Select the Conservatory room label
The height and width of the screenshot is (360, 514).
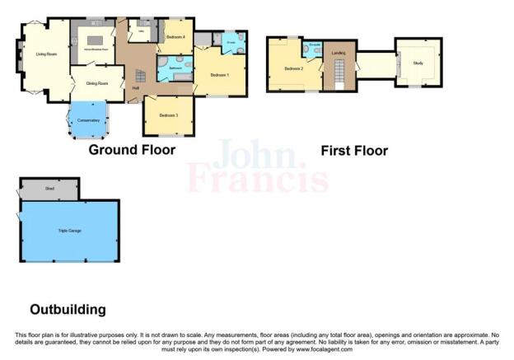[88, 121]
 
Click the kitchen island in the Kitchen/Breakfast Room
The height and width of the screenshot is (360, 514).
[95, 40]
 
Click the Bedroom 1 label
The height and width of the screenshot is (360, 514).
[218, 75]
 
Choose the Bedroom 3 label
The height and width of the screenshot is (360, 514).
[168, 115]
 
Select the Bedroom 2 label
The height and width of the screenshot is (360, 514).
[294, 68]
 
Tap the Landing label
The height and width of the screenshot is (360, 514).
[337, 53]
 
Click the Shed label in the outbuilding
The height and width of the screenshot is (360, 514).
[49, 189]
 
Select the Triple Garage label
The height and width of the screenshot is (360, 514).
[68, 231]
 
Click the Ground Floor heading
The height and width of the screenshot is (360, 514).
[132, 150]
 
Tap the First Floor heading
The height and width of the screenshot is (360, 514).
[354, 151]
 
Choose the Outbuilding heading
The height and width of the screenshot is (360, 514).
[68, 310]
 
